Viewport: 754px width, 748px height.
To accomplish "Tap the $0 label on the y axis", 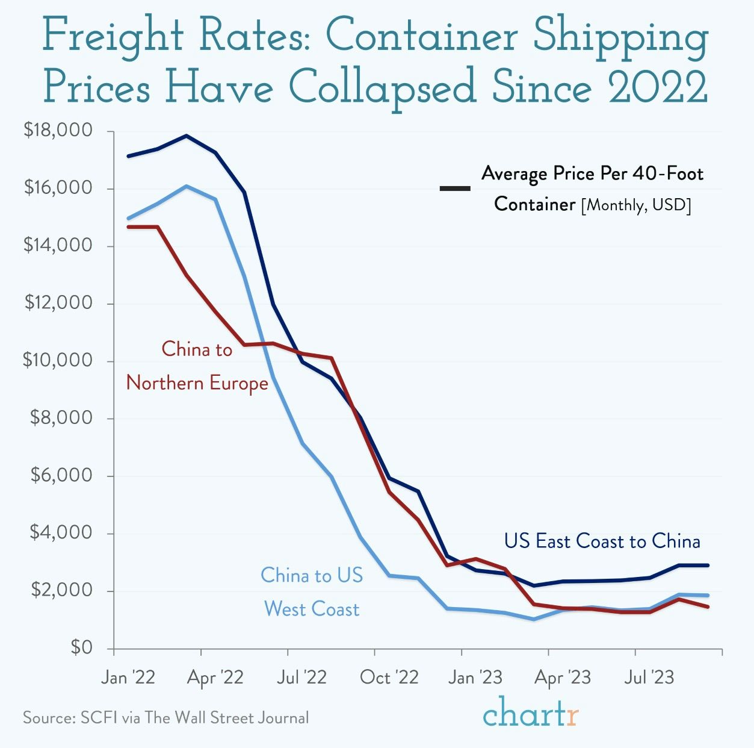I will tap(81, 647).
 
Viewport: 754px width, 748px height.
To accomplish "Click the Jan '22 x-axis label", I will tap(128, 678).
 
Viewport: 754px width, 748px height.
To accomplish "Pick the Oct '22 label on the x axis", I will tap(389, 678).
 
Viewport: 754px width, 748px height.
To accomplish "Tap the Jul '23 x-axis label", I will tap(649, 678).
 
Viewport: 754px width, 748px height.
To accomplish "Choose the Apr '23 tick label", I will tap(563, 678).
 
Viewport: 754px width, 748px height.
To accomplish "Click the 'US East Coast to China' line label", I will tap(602, 541).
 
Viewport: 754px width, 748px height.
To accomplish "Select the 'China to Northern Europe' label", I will tap(197, 366).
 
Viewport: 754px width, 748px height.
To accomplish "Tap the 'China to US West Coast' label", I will tap(312, 592).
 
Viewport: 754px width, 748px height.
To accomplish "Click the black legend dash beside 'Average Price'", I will tap(455, 189).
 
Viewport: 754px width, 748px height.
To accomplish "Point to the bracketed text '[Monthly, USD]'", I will tap(636, 205).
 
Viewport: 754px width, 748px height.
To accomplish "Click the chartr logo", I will tap(530, 714).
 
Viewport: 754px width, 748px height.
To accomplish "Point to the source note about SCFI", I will tap(165, 718).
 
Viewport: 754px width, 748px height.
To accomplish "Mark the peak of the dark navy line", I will tap(187, 136).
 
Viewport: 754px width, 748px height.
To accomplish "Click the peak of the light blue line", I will tap(187, 186).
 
